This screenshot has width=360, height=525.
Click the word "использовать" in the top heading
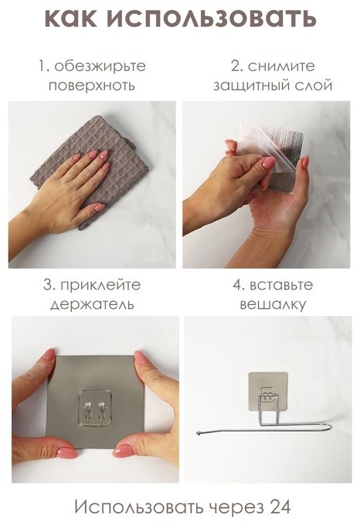[212, 18]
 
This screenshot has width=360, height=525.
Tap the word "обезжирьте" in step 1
[100, 66]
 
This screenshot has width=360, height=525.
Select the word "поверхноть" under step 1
[91, 86]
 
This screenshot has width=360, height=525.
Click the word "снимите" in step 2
[281, 66]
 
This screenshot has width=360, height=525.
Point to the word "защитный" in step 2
[251, 86]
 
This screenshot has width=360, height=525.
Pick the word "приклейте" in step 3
[100, 285]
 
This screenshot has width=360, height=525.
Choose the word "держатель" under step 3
[92, 304]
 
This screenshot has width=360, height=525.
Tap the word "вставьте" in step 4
[281, 285]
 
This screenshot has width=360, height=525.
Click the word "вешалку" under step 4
[273, 305]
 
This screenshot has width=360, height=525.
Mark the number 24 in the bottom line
[280, 507]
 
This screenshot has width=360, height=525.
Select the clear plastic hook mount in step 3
[95, 408]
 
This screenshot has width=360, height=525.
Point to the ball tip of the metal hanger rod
[199, 433]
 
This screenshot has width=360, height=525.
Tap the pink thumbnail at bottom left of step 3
[66, 452]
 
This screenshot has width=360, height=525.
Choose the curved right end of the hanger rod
[330, 426]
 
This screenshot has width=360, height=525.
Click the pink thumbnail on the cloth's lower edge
[99, 208]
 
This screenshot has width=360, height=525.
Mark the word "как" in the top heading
[71, 18]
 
